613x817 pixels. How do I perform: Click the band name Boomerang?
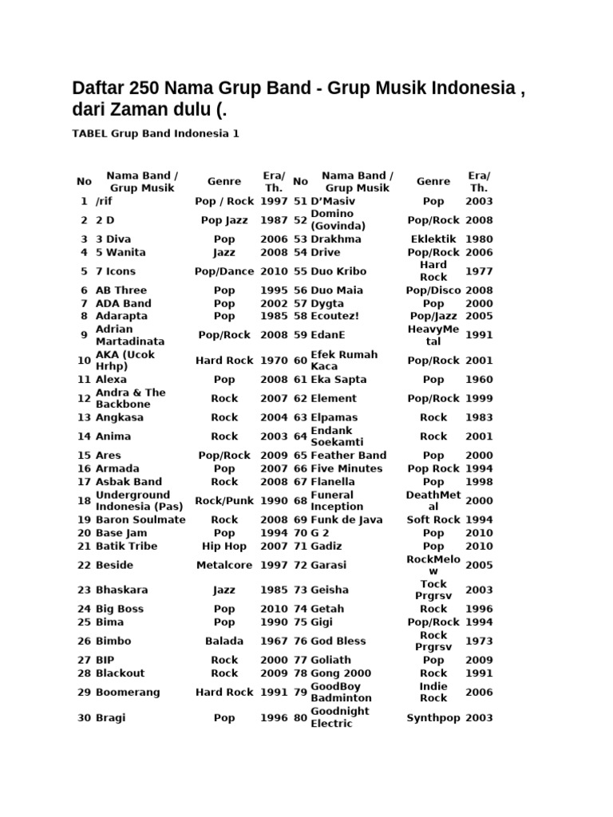(128, 693)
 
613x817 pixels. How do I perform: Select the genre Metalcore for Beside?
(224, 565)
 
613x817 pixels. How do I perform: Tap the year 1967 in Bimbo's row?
(274, 641)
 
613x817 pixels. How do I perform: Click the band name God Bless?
(338, 641)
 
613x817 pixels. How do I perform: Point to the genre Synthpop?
(433, 718)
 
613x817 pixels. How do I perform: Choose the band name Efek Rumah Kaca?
(344, 361)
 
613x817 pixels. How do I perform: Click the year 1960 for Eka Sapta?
(480, 380)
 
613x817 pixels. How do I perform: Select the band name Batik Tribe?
(126, 546)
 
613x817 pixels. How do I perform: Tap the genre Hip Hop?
(224, 546)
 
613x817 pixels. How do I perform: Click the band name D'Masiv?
(333, 202)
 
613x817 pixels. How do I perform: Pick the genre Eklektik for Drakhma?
(433, 239)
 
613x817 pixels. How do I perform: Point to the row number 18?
(84, 501)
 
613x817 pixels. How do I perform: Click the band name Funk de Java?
(346, 520)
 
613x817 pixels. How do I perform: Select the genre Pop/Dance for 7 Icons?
(224, 271)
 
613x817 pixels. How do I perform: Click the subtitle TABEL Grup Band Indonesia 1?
(156, 134)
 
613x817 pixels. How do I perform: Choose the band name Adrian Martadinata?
(130, 335)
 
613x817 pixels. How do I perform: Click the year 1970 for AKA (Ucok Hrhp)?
(274, 361)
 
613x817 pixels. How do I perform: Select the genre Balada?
(224, 641)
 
